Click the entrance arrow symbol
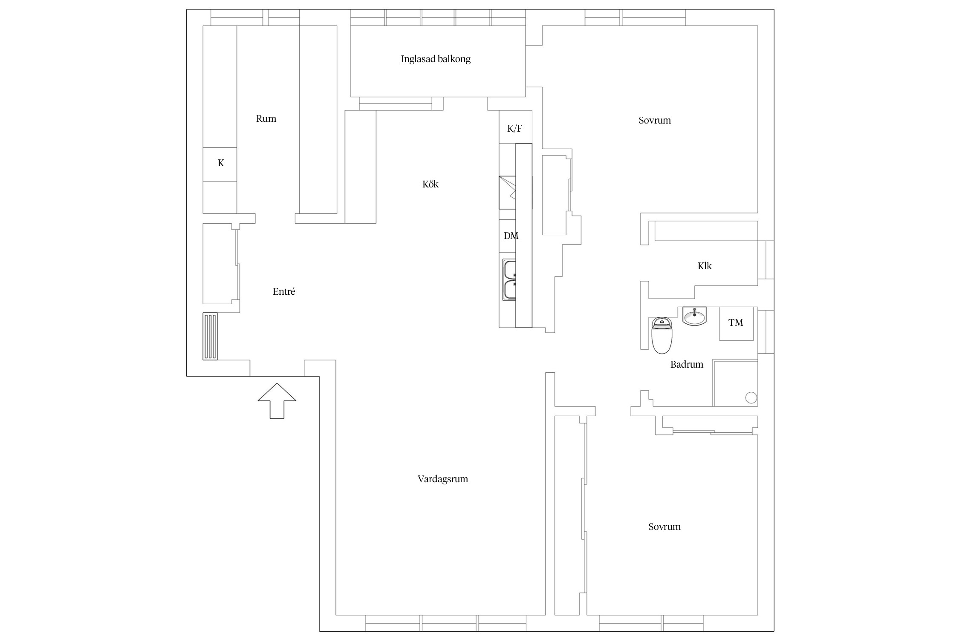[277, 401]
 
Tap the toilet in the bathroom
[661, 335]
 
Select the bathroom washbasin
[694, 316]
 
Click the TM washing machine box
[736, 323]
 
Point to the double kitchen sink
[509, 279]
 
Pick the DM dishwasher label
[511, 236]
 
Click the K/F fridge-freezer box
[515, 127]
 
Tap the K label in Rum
[221, 163]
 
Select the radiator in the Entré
[210, 336]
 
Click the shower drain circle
[751, 398]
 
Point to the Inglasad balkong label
[436, 59]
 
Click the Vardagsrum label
[443, 479]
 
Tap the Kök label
[430, 184]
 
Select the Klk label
[705, 266]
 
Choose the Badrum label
[687, 364]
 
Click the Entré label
[284, 291]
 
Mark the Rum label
[266, 118]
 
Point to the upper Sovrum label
[655, 120]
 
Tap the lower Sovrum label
[664, 527]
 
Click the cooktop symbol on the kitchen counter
[508, 193]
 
